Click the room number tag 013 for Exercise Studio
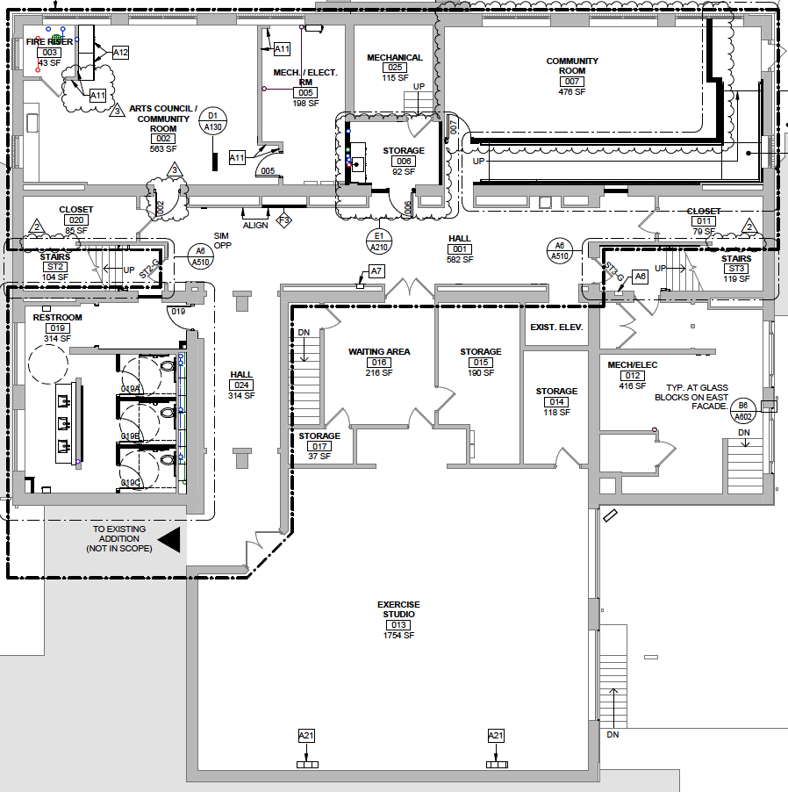coord(398,624)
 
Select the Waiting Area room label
coord(379,351)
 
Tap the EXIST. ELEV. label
coord(556,328)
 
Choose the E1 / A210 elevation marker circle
coord(379,241)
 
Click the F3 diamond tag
coord(283,220)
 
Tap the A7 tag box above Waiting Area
coord(376,271)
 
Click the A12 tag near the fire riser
coord(120,53)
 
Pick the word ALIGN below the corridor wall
coord(255,226)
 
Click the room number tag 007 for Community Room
coord(572,82)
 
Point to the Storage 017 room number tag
coord(319,446)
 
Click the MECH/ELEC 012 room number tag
coord(633,376)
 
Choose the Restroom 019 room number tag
coord(57,328)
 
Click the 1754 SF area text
coord(398,635)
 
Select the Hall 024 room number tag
coord(241,385)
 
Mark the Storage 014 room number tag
coord(556,402)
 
